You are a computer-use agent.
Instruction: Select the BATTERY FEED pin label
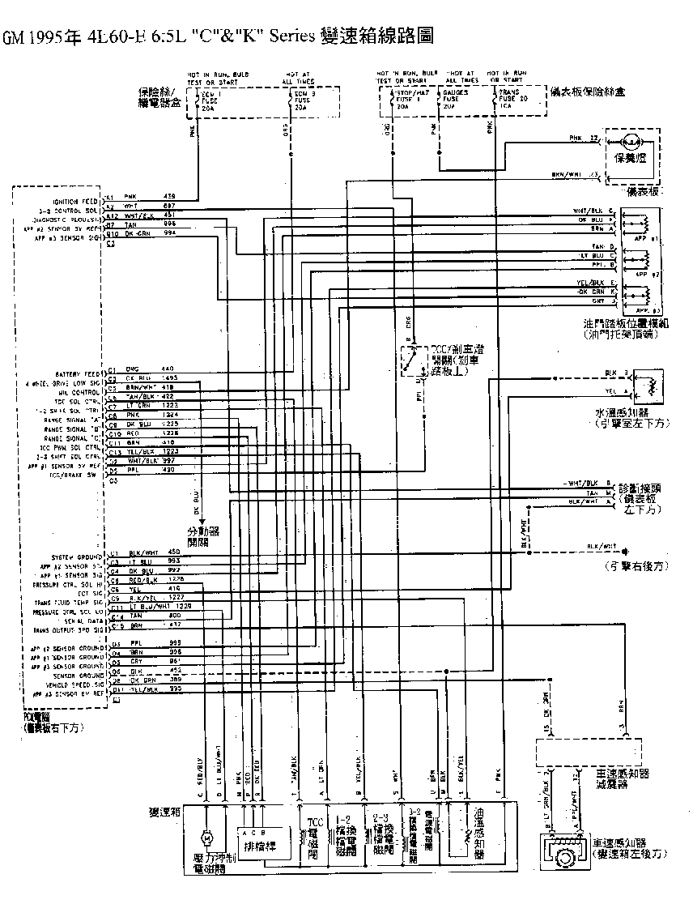pos(80,374)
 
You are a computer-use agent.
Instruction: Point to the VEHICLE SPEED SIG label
pos(74,684)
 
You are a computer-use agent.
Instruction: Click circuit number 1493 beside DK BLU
pos(170,378)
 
